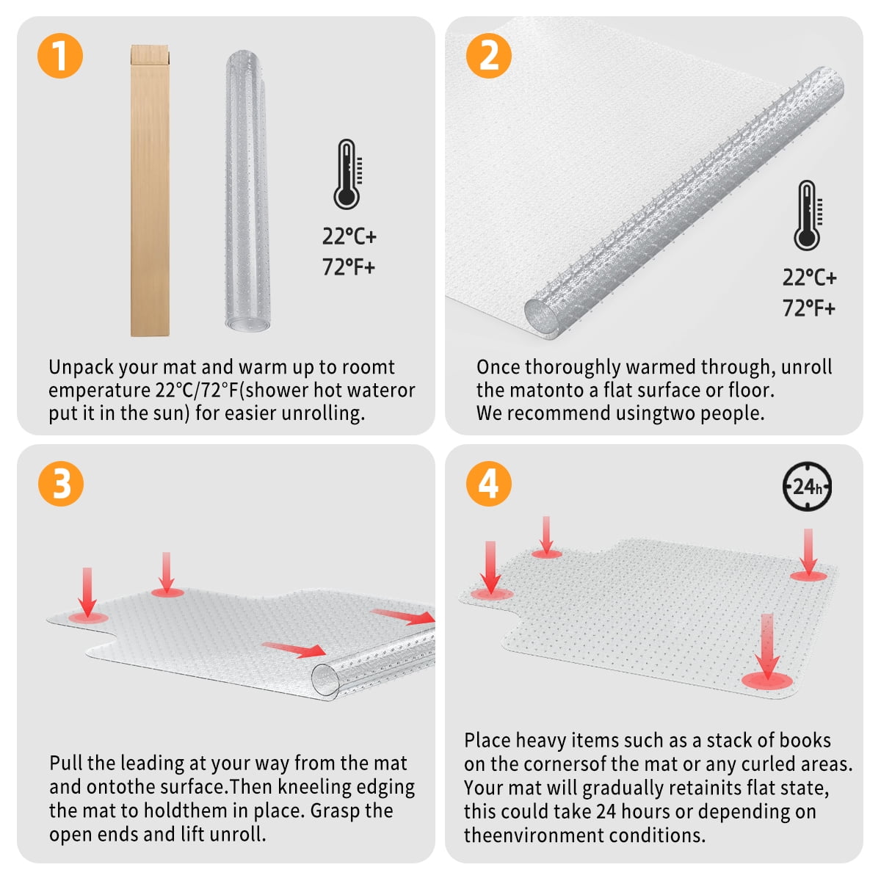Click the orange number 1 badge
[59, 56]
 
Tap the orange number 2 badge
[489, 56]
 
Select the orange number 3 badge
[61, 484]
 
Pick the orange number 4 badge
[489, 484]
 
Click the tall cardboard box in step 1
[150, 191]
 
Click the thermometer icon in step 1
[347, 175]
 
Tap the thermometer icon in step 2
[808, 216]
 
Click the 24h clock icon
[807, 486]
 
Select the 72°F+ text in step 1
[349, 267]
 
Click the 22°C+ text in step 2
[809, 278]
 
